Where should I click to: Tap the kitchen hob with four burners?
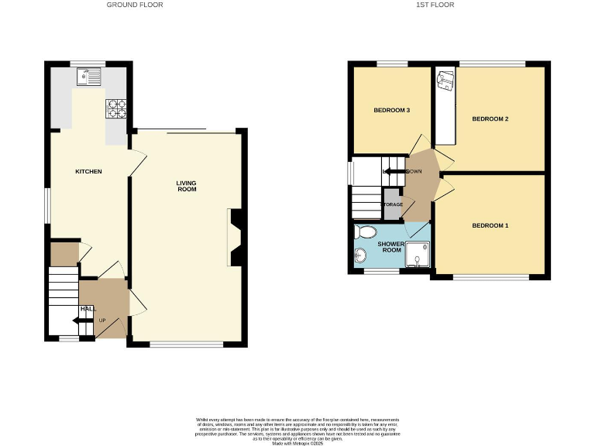(116, 108)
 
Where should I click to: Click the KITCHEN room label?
(88, 171)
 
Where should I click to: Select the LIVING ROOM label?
(186, 186)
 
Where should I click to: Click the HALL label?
(87, 309)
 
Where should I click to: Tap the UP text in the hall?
(101, 320)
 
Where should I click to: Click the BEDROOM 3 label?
(391, 111)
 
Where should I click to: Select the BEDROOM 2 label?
(490, 118)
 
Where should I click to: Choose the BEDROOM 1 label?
(490, 226)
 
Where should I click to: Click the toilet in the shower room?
(364, 232)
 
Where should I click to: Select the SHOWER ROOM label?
(390, 247)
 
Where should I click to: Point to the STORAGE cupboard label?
(392, 204)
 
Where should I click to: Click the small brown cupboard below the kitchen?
(63, 253)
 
